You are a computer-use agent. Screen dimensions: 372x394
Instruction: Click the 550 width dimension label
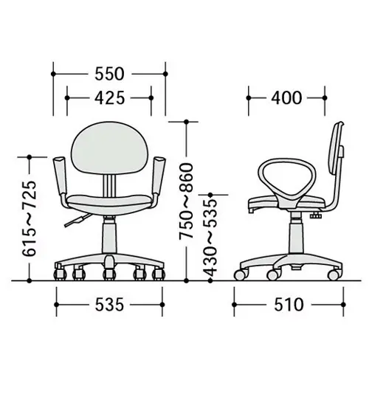(x=109, y=74)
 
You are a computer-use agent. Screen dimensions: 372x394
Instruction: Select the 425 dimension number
(x=109, y=97)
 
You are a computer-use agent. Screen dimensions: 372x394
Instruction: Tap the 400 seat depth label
(x=286, y=97)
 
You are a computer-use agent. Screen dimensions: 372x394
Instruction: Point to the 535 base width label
(x=109, y=305)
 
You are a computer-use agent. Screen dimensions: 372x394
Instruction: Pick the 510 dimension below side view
(x=289, y=305)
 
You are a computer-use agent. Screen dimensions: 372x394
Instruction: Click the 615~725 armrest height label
(x=30, y=218)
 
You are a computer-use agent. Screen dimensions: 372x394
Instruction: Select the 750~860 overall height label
(x=186, y=201)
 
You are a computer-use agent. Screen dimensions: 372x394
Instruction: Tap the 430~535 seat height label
(x=210, y=238)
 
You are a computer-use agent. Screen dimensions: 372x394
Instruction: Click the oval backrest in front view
(x=108, y=148)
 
